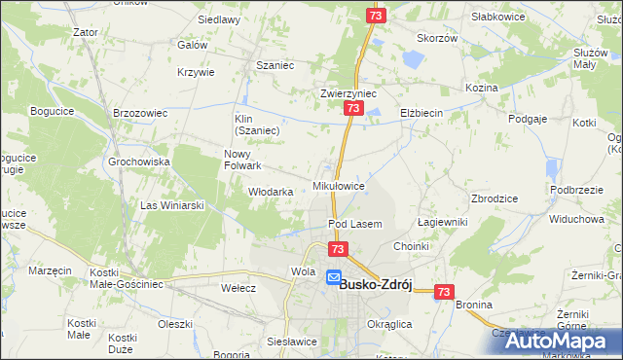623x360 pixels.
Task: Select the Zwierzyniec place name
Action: (348, 94)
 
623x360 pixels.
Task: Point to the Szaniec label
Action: (275, 65)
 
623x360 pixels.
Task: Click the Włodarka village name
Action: (271, 192)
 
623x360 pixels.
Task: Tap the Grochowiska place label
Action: (139, 162)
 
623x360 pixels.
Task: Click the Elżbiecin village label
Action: (421, 114)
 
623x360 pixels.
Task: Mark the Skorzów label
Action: (437, 38)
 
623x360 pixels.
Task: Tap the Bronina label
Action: (474, 305)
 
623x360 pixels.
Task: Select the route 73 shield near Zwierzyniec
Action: (351, 112)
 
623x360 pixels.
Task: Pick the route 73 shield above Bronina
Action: (444, 291)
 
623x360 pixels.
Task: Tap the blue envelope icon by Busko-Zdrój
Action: (333, 278)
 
